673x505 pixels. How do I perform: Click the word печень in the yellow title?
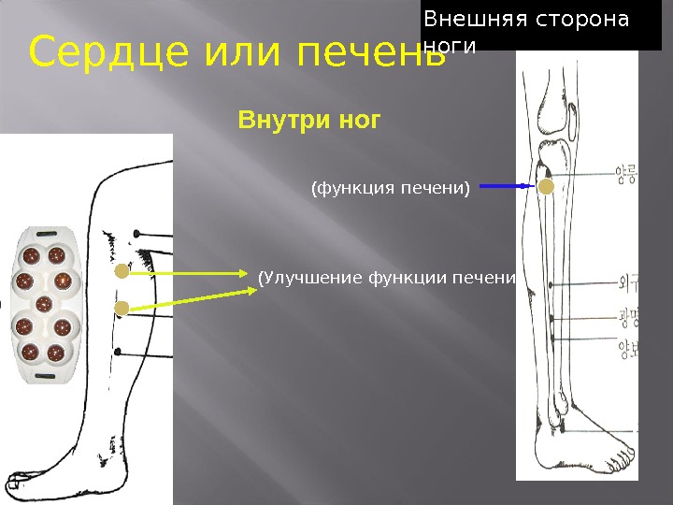click(x=372, y=53)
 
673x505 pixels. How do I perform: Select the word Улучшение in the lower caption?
click(x=314, y=277)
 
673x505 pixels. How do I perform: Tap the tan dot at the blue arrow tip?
click(x=545, y=187)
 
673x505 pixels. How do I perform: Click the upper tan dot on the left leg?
click(x=122, y=272)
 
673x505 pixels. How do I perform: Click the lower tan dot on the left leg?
click(x=122, y=308)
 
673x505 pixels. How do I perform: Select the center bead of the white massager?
click(x=43, y=303)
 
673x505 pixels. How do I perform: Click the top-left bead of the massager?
click(x=31, y=255)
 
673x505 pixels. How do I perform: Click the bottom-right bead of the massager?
click(x=57, y=353)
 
